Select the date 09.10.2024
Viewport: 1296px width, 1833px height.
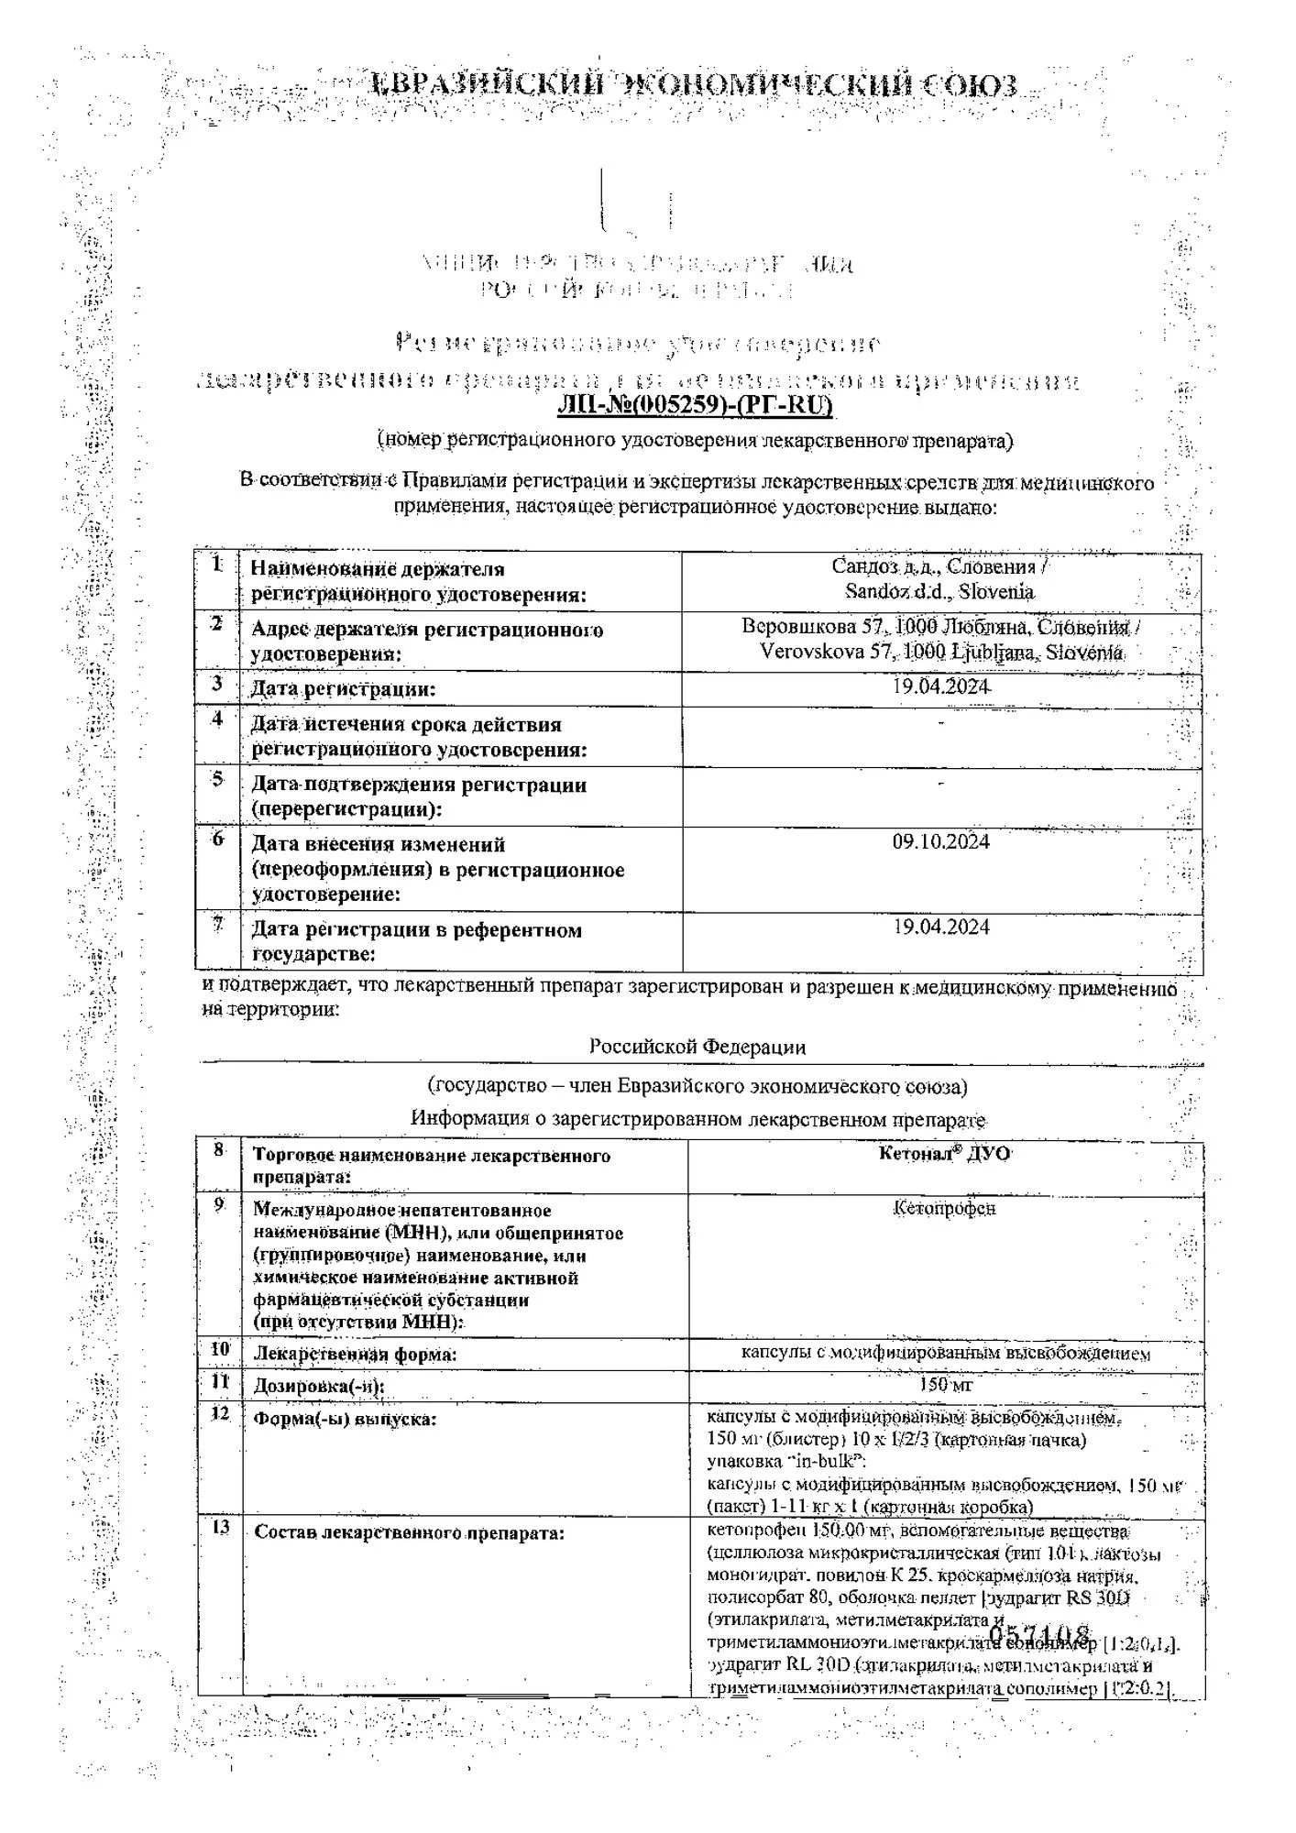[x=941, y=841]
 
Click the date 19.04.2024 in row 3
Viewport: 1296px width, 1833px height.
[x=941, y=686]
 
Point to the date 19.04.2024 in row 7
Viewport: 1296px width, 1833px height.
[x=941, y=927]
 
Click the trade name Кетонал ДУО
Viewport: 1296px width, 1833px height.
[x=944, y=1154]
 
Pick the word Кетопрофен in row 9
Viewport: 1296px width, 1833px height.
[x=944, y=1208]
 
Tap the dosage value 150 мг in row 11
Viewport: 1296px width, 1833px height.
[x=945, y=1385]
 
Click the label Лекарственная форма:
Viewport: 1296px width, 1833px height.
[x=356, y=1354]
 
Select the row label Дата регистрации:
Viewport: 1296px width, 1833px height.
[x=344, y=688]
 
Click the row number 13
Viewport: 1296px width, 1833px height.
[x=220, y=1528]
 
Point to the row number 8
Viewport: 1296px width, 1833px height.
[x=218, y=1150]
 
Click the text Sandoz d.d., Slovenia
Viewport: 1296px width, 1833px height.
[x=940, y=591]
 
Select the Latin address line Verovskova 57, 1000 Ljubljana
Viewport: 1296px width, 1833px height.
[x=940, y=653]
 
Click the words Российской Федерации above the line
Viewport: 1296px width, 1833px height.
[x=697, y=1046]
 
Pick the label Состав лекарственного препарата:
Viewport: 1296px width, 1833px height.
[x=409, y=1531]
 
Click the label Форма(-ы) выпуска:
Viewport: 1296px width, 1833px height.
[x=345, y=1419]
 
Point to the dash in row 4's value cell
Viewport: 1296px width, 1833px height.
[x=941, y=724]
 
